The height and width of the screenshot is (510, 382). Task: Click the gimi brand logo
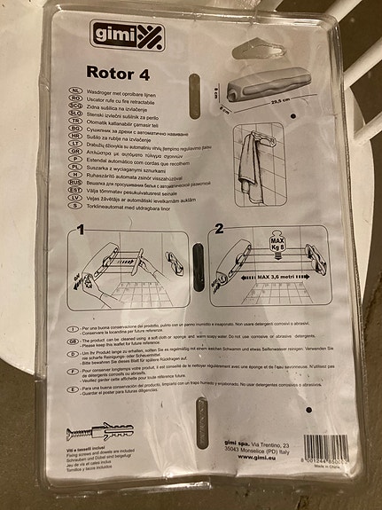coord(112,35)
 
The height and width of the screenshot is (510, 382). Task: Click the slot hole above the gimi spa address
coord(201,415)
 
